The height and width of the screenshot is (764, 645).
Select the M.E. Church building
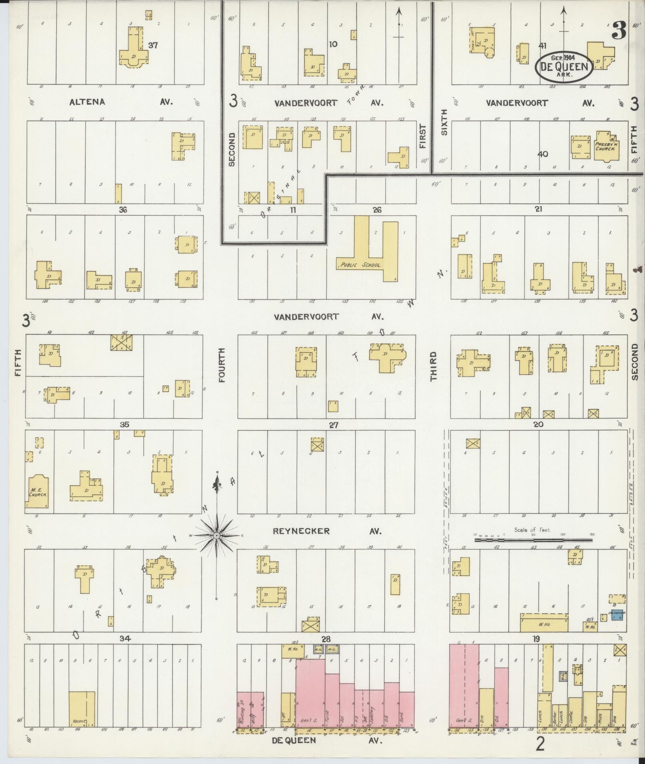coord(38,492)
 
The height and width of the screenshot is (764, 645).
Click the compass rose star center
coord(217,535)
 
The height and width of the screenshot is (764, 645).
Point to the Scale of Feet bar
coord(533,540)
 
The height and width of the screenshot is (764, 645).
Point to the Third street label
coord(433,366)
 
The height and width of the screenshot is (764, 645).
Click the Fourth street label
coord(222,365)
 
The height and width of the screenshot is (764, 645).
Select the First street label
coord(423,136)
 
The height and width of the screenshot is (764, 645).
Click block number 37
coord(153,45)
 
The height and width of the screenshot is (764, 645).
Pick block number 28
coord(326,639)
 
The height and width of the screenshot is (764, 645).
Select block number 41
coord(542,46)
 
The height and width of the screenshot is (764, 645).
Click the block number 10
coord(333,44)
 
